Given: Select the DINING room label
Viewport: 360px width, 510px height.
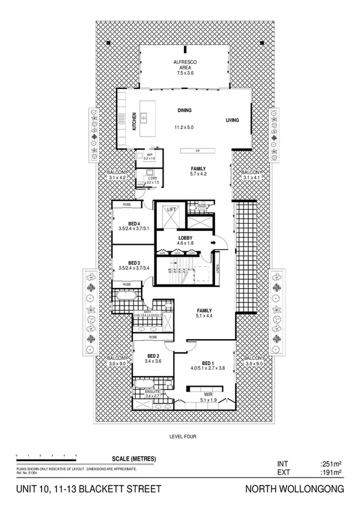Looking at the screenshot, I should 184,111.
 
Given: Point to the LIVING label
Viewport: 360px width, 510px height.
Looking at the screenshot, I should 232,120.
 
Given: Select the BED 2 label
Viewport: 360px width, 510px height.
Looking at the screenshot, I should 153,355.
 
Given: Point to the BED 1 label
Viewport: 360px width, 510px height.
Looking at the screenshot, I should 207,363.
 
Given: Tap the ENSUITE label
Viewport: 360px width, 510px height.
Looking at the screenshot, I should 153,391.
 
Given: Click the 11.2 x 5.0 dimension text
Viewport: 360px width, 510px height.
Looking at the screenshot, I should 184,127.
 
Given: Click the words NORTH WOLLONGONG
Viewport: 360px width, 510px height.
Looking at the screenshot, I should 295,490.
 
